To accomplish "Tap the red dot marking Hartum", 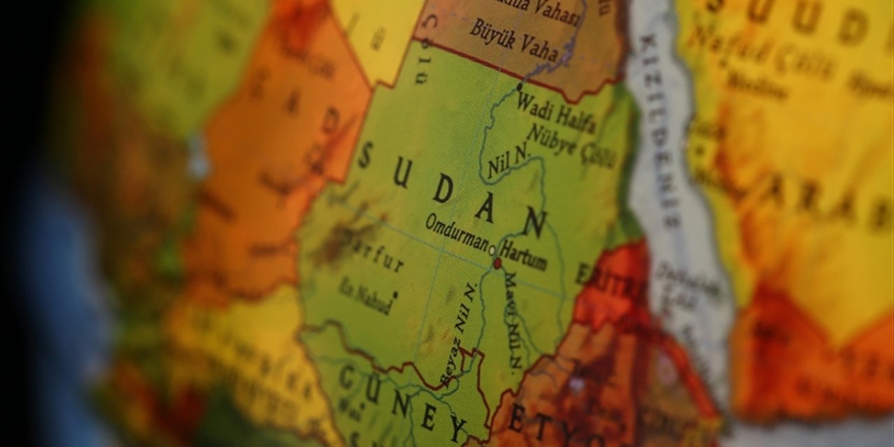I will pyautogui.click(x=497, y=264).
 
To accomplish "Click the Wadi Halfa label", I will pyautogui.click(x=556, y=112).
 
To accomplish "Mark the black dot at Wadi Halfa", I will pyautogui.click(x=519, y=87).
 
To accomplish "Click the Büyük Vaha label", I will pyautogui.click(x=514, y=40).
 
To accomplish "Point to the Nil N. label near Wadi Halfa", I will pyautogui.click(x=509, y=162).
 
